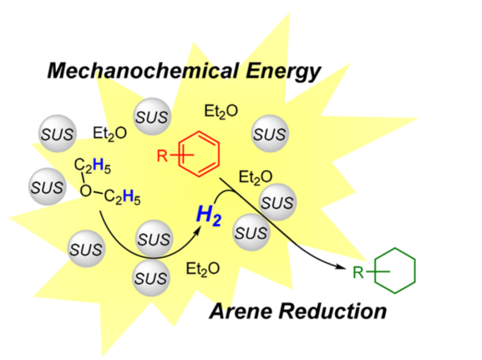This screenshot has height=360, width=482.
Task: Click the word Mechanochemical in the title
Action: point(143,70)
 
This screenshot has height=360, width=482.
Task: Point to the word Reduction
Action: point(332,311)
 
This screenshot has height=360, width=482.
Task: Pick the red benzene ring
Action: point(199,154)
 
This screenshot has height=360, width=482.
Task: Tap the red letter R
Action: point(162,155)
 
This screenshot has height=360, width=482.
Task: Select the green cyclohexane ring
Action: point(395,271)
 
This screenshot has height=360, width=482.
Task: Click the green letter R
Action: point(358,272)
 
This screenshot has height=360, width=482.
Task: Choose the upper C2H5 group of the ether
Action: point(92,166)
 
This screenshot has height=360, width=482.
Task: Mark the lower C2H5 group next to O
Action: point(122,197)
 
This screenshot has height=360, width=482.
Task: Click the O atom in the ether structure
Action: point(86,191)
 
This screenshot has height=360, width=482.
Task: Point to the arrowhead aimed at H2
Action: point(198,230)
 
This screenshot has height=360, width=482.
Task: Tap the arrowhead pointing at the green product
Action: point(347,266)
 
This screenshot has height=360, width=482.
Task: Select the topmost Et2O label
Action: point(221,112)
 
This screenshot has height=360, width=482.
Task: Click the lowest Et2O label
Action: point(203,270)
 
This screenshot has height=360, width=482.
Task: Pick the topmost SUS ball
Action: point(152,116)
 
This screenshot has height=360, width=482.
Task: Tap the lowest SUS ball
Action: point(151,278)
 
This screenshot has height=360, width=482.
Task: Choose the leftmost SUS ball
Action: point(48,187)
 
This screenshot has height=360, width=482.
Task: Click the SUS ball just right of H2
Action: point(251,232)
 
